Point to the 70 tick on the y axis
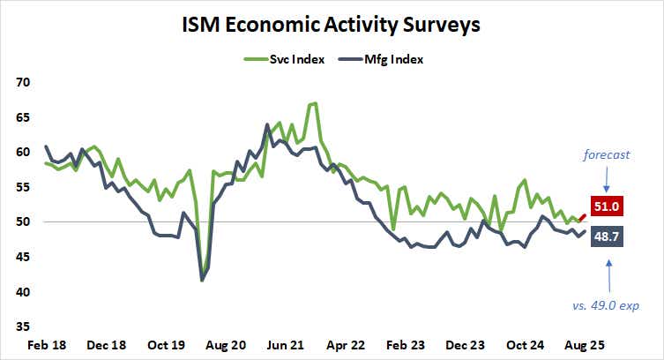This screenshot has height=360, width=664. [21, 82]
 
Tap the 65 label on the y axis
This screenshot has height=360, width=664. [21, 116]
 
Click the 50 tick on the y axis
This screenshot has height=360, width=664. [21, 221]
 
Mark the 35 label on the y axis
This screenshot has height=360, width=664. [21, 326]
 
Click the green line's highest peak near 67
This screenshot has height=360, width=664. [314, 104]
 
